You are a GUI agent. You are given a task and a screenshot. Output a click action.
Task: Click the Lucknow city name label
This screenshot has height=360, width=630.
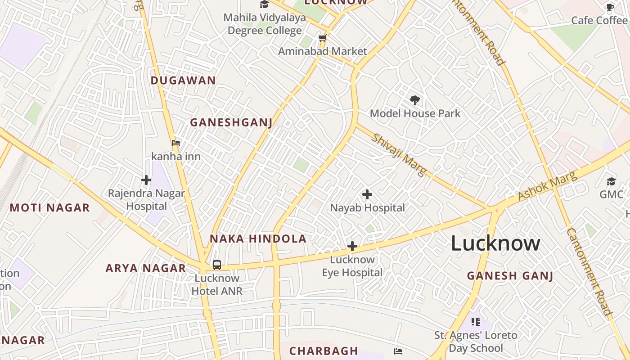pyautogui.click(x=495, y=243)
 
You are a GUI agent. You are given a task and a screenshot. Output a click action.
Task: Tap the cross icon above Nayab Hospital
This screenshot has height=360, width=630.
pyautogui.click(x=367, y=194)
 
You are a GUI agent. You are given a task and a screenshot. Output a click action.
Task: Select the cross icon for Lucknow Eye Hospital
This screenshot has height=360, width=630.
pyautogui.click(x=352, y=246)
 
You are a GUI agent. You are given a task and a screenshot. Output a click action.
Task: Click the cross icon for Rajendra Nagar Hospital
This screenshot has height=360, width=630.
pyautogui.click(x=146, y=180)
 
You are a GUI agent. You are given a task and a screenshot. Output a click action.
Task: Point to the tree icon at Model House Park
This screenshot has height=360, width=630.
pyautogui.click(x=414, y=100)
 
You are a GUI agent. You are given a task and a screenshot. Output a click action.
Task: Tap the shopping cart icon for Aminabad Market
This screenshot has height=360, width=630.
pyautogui.click(x=322, y=38)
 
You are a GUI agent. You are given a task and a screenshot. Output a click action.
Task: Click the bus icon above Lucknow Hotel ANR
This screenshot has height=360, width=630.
pyautogui.click(x=217, y=265)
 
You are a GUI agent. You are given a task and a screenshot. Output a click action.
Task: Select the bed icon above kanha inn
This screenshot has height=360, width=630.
pyautogui.click(x=176, y=143)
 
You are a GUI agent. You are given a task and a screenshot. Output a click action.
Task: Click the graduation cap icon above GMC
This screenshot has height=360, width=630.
pyautogui.click(x=611, y=181)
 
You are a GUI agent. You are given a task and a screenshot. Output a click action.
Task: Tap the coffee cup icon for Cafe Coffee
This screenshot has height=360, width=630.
pyautogui.click(x=610, y=7)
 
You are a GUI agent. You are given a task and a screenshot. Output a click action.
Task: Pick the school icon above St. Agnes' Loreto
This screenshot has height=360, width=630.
pyautogui.click(x=476, y=321)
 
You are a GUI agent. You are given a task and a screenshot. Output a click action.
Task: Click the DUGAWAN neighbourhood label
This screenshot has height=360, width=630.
pyautogui.click(x=183, y=81)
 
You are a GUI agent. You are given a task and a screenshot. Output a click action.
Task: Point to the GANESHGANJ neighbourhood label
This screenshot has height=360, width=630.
pyautogui.click(x=231, y=122)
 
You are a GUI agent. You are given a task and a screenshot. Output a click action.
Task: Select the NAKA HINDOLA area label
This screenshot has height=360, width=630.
pyautogui.click(x=258, y=239)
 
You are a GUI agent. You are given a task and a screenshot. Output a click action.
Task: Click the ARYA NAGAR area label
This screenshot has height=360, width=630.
pyautogui.click(x=145, y=268)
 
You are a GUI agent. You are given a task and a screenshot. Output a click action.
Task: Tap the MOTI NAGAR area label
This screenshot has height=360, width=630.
pyautogui.click(x=49, y=208)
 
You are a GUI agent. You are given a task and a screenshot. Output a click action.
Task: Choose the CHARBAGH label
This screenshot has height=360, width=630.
pyautogui.click(x=324, y=351)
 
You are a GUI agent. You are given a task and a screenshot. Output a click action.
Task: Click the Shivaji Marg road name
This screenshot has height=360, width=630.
pyautogui.click(x=398, y=155)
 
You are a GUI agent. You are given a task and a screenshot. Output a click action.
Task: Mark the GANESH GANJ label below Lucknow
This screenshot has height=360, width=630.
pyautogui.click(x=510, y=276)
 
